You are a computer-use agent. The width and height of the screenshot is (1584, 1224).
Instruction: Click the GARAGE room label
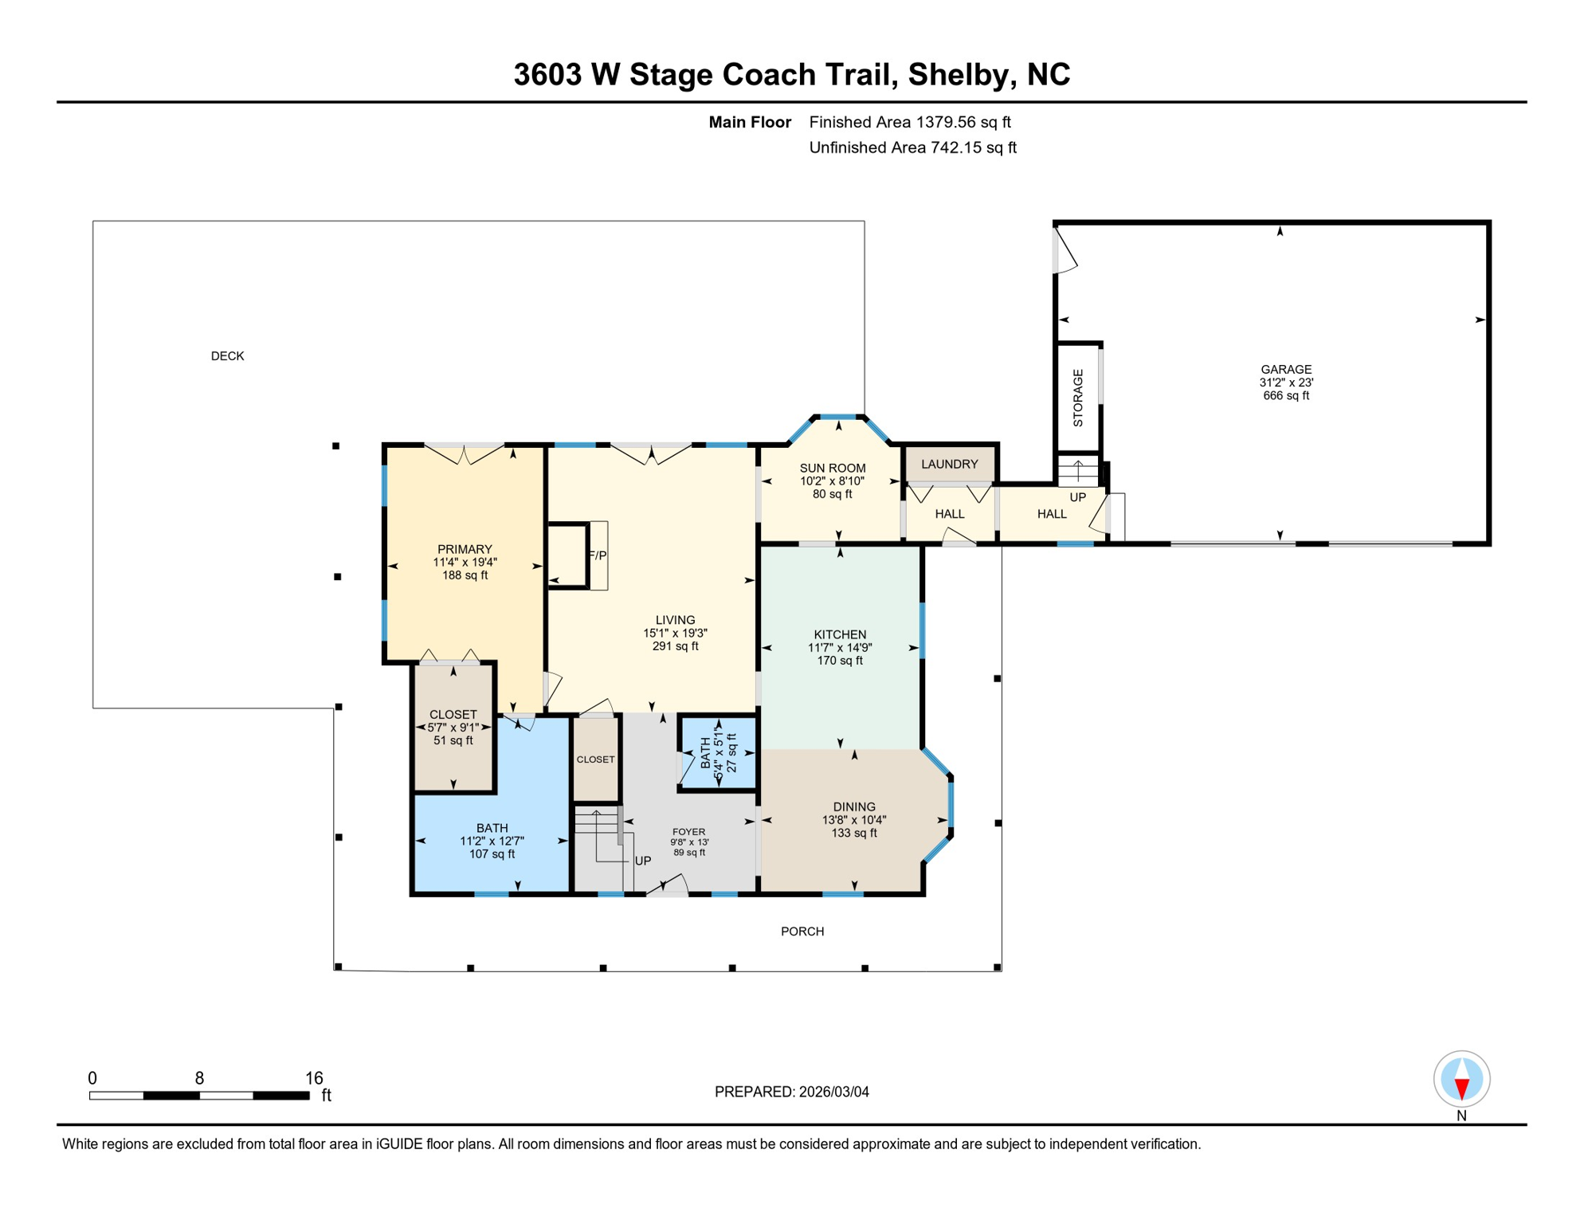(x=1285, y=370)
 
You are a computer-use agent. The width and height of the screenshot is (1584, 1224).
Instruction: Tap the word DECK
(x=227, y=356)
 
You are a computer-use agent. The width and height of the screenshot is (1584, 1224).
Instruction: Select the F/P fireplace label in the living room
(x=598, y=555)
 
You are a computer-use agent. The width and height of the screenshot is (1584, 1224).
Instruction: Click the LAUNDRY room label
(x=949, y=464)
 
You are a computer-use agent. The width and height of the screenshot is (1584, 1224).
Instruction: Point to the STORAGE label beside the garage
(x=1078, y=398)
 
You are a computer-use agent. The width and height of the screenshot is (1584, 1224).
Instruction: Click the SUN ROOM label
(x=832, y=469)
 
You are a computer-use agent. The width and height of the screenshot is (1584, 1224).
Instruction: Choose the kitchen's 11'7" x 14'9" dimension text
(x=840, y=648)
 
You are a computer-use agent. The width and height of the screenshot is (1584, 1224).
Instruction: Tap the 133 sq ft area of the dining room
(x=854, y=834)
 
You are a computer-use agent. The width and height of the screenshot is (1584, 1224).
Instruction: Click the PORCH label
(x=802, y=932)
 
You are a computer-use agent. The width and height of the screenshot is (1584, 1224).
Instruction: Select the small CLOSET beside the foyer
(x=595, y=759)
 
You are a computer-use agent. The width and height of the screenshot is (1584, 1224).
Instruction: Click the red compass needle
(x=1461, y=1089)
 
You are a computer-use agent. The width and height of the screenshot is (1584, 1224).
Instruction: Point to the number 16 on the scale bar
(x=314, y=1078)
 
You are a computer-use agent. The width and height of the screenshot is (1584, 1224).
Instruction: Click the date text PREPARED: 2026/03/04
(x=791, y=1092)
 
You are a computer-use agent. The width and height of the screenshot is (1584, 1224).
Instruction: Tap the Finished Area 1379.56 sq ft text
(x=909, y=122)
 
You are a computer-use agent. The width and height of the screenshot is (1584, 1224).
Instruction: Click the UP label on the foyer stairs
(x=642, y=861)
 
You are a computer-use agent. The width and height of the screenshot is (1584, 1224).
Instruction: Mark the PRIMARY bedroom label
(x=465, y=549)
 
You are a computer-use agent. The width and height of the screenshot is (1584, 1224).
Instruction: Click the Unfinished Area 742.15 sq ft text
(x=912, y=147)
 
